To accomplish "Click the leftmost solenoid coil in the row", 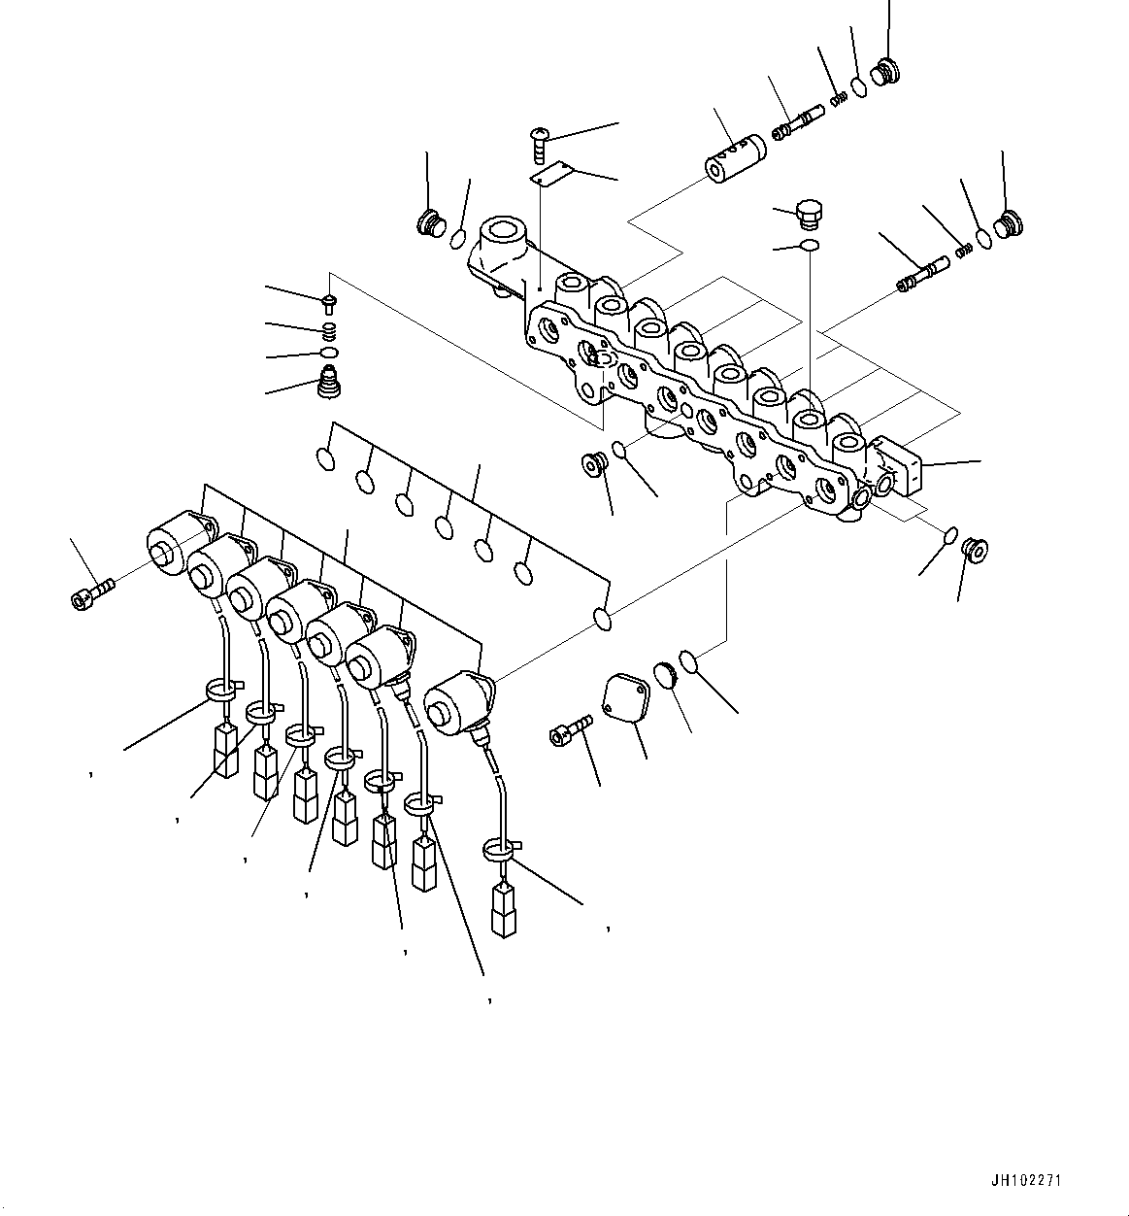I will tap(175, 539).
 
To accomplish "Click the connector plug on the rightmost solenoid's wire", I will tap(503, 910).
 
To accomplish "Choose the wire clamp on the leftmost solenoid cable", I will tap(222, 692).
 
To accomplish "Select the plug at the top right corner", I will tap(884, 72).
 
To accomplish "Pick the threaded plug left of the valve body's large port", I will tap(430, 223).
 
